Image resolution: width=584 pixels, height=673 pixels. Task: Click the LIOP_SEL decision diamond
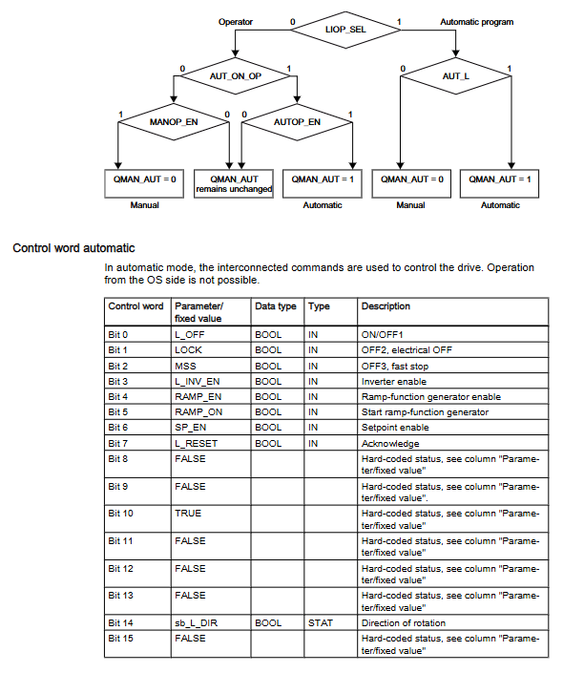click(345, 30)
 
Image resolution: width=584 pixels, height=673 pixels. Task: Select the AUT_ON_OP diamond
click(235, 74)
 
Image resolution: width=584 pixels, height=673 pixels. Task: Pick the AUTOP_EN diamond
click(297, 122)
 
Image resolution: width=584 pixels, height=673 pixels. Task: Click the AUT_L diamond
click(456, 74)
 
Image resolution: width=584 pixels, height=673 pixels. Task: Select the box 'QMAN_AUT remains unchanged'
click(234, 183)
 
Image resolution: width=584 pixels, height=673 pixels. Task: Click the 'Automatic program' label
click(476, 21)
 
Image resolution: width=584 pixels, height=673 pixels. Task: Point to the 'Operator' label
click(236, 21)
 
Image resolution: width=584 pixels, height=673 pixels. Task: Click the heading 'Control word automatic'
click(73, 248)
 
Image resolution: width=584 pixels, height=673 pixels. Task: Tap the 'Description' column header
click(386, 306)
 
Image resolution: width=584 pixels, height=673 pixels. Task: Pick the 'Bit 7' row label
click(117, 443)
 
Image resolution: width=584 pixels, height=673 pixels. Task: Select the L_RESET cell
click(195, 443)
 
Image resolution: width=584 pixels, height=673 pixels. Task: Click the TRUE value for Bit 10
click(188, 513)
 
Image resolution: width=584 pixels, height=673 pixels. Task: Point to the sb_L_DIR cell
click(196, 623)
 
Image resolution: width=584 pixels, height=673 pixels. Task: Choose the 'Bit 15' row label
click(119, 638)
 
